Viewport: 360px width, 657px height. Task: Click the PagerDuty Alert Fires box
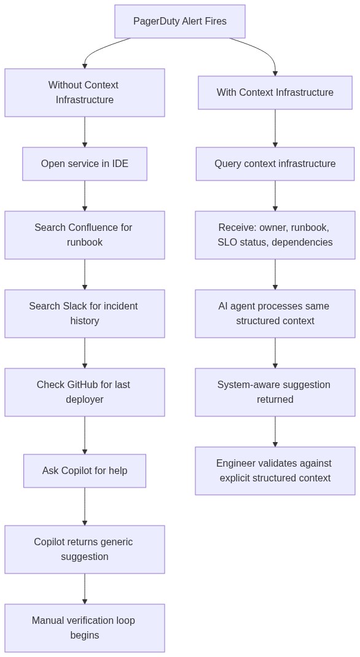pyautogui.click(x=179, y=21)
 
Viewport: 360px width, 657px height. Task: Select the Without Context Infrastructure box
pyautogui.click(x=85, y=93)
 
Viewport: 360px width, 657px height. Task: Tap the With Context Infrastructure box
pyautogui.click(x=275, y=93)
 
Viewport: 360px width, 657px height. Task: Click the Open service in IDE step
pyautogui.click(x=85, y=164)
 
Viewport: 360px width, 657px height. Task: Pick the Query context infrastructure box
pyautogui.click(x=275, y=164)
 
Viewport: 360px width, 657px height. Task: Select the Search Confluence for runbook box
pyautogui.click(x=85, y=235)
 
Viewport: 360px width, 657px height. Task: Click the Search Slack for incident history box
pyautogui.click(x=85, y=314)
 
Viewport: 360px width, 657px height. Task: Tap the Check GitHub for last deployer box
pyautogui.click(x=85, y=392)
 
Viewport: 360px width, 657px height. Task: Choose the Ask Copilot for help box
pyautogui.click(x=85, y=471)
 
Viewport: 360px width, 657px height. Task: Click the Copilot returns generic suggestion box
pyautogui.click(x=85, y=550)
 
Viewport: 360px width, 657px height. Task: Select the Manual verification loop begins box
pyautogui.click(x=85, y=628)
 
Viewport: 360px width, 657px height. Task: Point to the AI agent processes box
pyautogui.click(x=275, y=314)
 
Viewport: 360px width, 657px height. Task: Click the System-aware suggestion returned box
pyautogui.click(x=275, y=392)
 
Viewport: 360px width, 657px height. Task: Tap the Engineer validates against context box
pyautogui.click(x=275, y=471)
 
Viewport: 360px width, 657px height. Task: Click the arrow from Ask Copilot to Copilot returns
pyautogui.click(x=85, y=506)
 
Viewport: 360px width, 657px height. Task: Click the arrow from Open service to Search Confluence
pyautogui.click(x=85, y=195)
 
